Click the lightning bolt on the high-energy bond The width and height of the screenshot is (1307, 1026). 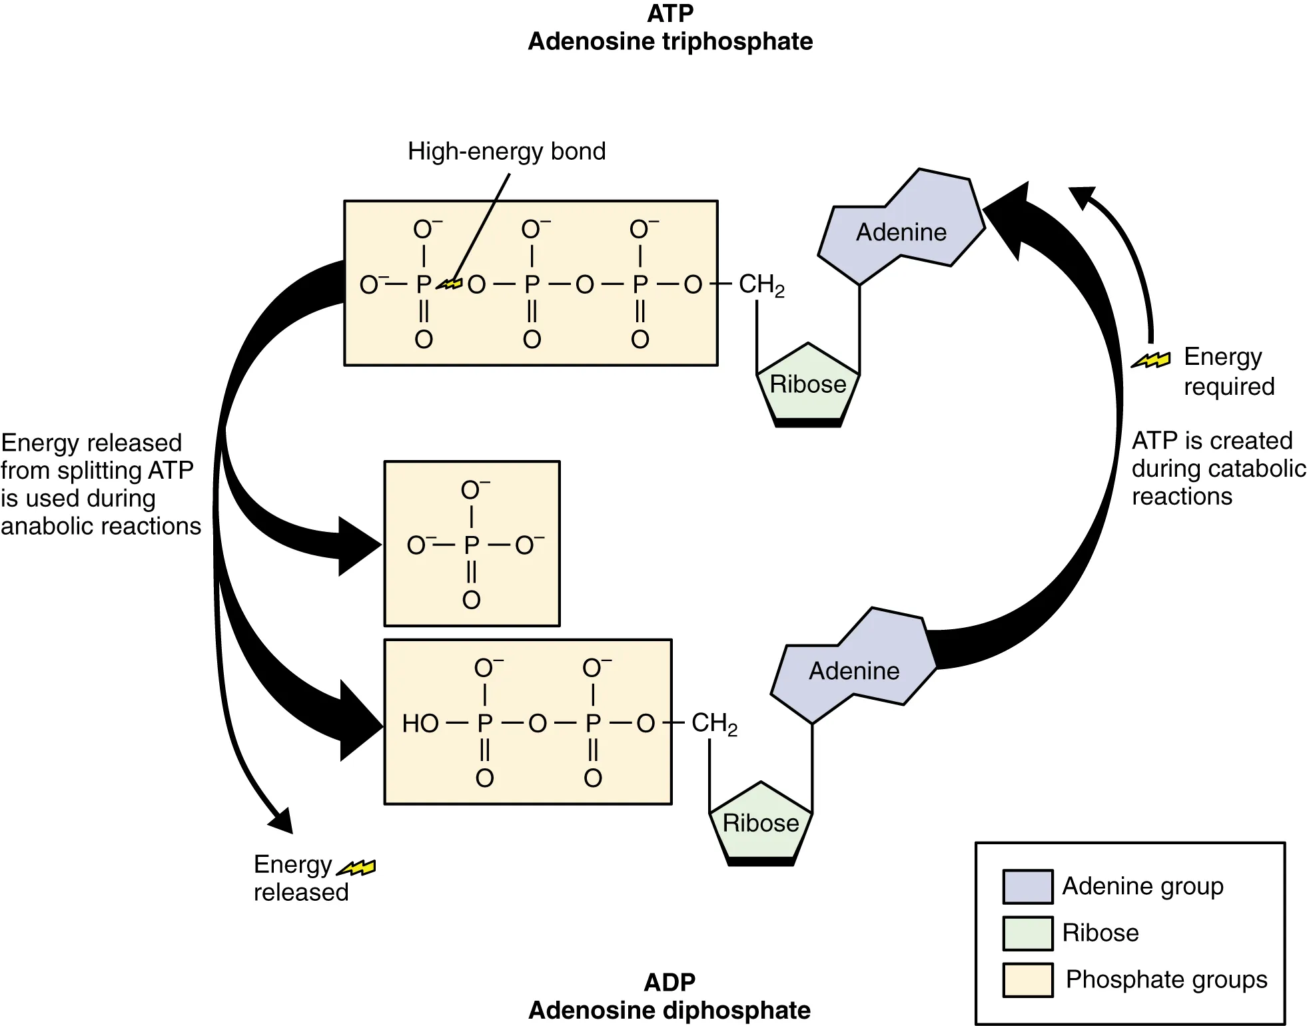point(450,284)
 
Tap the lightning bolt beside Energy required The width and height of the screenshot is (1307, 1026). point(1151,360)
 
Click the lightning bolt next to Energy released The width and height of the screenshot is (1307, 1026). point(357,867)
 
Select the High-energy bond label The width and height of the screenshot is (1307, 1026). point(506,151)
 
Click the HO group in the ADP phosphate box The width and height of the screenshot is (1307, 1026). point(420,723)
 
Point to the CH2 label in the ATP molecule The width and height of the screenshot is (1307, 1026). point(761,285)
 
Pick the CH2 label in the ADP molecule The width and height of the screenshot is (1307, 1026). point(713,724)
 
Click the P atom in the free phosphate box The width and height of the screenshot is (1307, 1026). point(471,545)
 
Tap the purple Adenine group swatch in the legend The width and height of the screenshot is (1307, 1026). point(1027,886)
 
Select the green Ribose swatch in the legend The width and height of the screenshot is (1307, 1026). point(1027,933)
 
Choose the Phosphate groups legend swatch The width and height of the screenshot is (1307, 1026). point(1027,979)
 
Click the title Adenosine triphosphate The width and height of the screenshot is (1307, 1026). point(669,41)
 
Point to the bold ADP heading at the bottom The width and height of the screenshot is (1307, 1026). point(669,982)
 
